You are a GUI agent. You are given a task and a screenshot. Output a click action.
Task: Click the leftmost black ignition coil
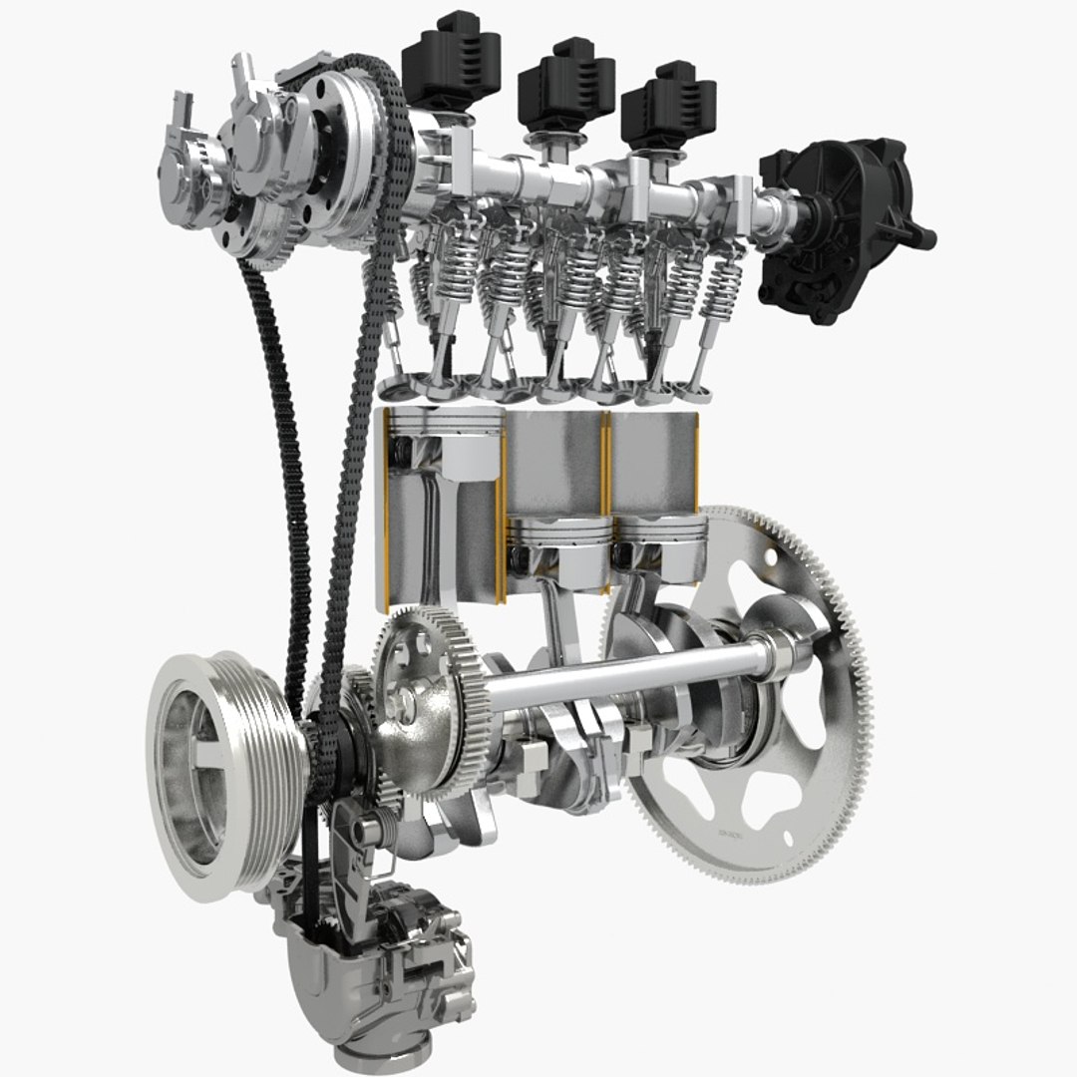coord(450,60)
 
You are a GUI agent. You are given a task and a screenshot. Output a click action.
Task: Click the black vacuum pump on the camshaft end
coord(843,229)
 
